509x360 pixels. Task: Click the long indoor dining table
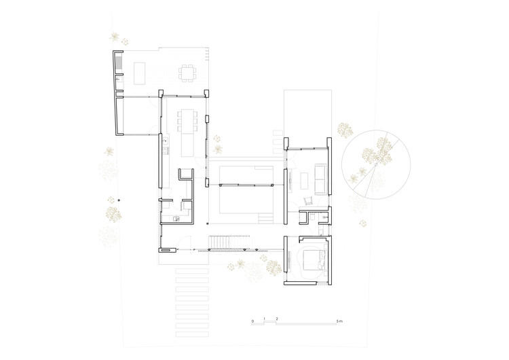pos(186,123)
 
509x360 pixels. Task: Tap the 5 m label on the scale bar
pos(340,319)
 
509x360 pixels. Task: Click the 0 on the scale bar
pos(252,319)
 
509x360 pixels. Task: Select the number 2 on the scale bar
pos(276,319)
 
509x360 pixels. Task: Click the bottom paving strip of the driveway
pos(191,335)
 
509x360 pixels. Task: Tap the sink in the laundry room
pos(176,219)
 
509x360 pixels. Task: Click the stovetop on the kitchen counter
pos(165,141)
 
